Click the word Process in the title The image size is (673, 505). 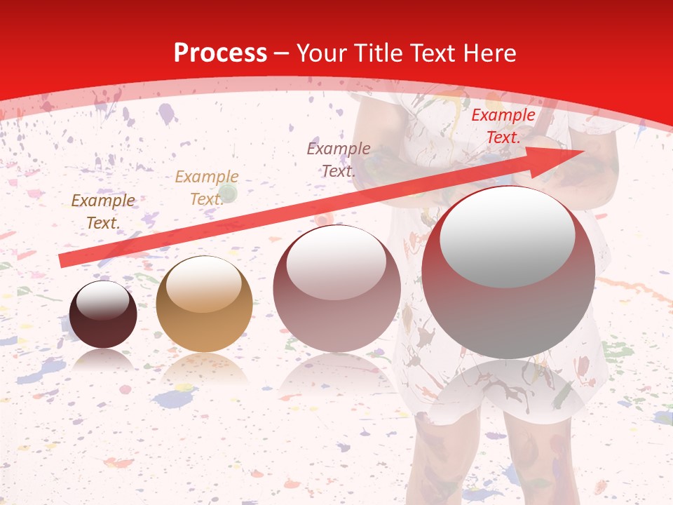click(220, 53)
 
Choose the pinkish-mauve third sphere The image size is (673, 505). click(336, 288)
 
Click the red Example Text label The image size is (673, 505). click(503, 126)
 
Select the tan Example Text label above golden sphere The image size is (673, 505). click(206, 188)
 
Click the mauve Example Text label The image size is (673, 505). click(338, 159)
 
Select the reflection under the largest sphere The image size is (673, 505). click(508, 393)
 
